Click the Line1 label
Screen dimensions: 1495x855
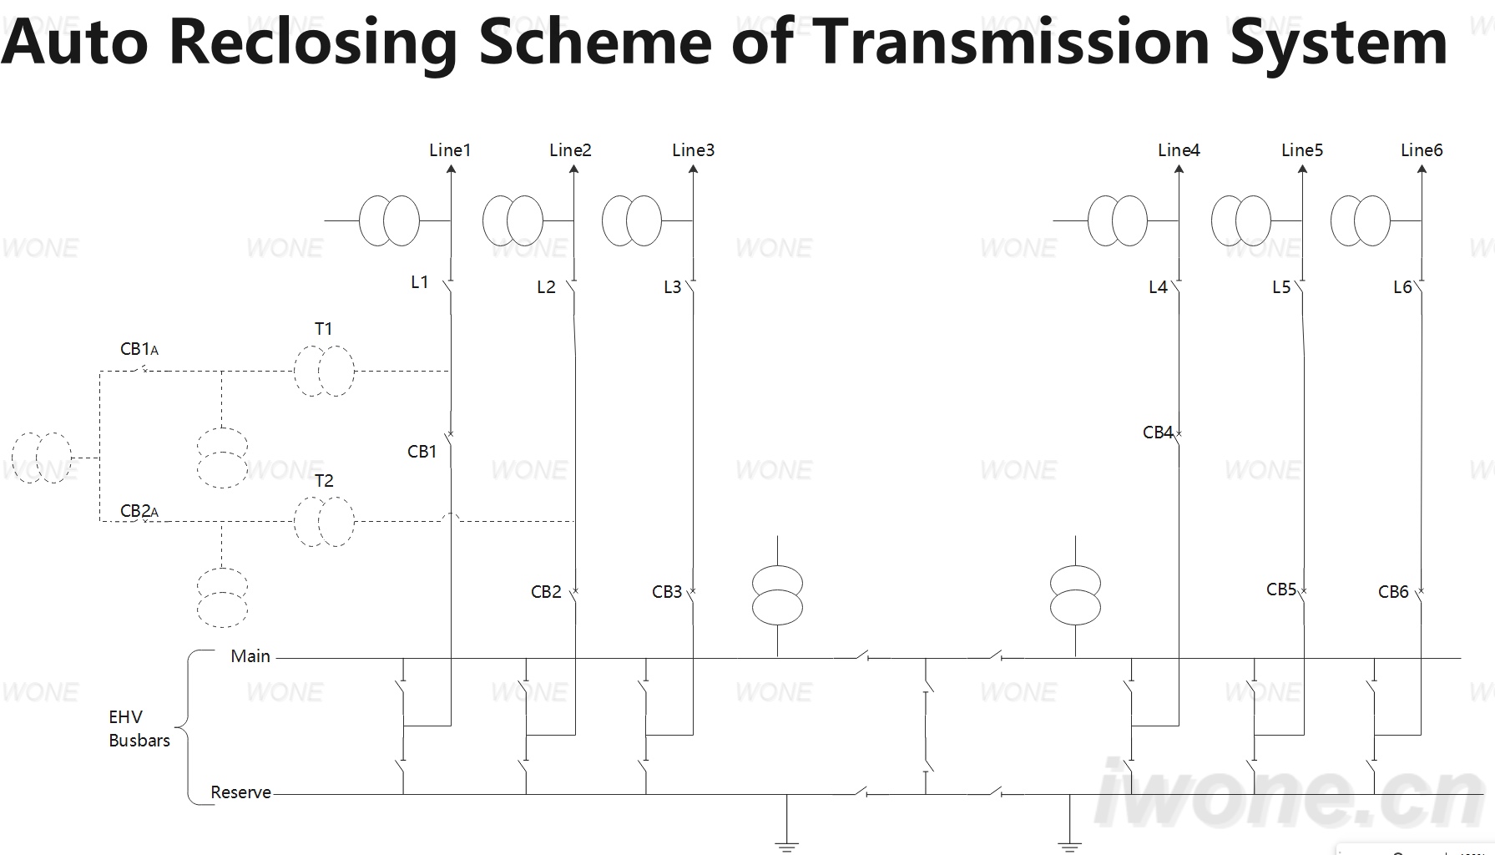[x=450, y=150]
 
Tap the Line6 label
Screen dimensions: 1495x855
[x=1422, y=150]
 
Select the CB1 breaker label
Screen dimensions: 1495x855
[x=422, y=452]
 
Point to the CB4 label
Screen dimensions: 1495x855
[x=1158, y=433]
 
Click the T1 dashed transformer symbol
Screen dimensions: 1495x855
[x=324, y=371]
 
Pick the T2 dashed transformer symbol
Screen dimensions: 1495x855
[x=324, y=521]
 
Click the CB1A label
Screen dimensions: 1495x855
[x=139, y=349]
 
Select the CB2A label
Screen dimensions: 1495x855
[x=139, y=511]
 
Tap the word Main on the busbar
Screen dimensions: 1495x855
[x=250, y=656]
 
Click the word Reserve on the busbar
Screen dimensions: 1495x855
[x=240, y=792]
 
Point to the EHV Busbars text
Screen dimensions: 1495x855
[x=139, y=729]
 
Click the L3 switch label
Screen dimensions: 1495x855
[x=673, y=287]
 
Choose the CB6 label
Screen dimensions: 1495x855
[x=1393, y=592]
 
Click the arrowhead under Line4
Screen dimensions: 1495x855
[x=1179, y=169]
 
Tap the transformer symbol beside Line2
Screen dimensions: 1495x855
[x=513, y=220]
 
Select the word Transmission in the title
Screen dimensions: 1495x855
[x=1011, y=41]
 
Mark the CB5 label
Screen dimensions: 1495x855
[x=1281, y=589]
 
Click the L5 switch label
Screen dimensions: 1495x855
[x=1281, y=287]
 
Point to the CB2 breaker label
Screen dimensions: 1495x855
[x=546, y=592]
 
